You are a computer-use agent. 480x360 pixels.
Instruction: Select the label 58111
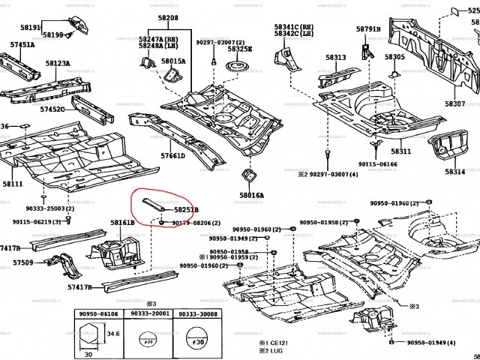[13, 183]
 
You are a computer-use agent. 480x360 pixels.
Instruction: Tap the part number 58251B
[186, 211]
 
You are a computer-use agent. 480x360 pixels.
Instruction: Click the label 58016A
[251, 194]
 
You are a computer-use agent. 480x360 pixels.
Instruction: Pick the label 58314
[454, 172]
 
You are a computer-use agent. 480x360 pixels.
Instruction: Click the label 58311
[400, 151]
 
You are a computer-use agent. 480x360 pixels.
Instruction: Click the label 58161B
[122, 223]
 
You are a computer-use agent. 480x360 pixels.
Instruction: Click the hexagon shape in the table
[92, 333]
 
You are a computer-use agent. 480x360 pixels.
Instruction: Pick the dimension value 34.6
[114, 332]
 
